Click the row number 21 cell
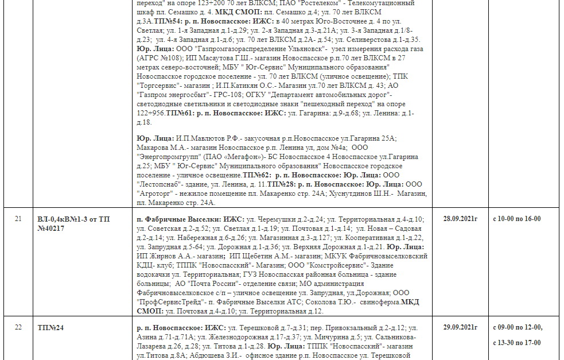coord(18,219)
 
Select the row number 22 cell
coord(18,327)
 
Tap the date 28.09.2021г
coord(460,219)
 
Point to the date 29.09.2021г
coord(460,327)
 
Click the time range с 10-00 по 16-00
coord(517,219)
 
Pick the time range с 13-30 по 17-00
coord(517,342)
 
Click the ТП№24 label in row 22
coord(51,328)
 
